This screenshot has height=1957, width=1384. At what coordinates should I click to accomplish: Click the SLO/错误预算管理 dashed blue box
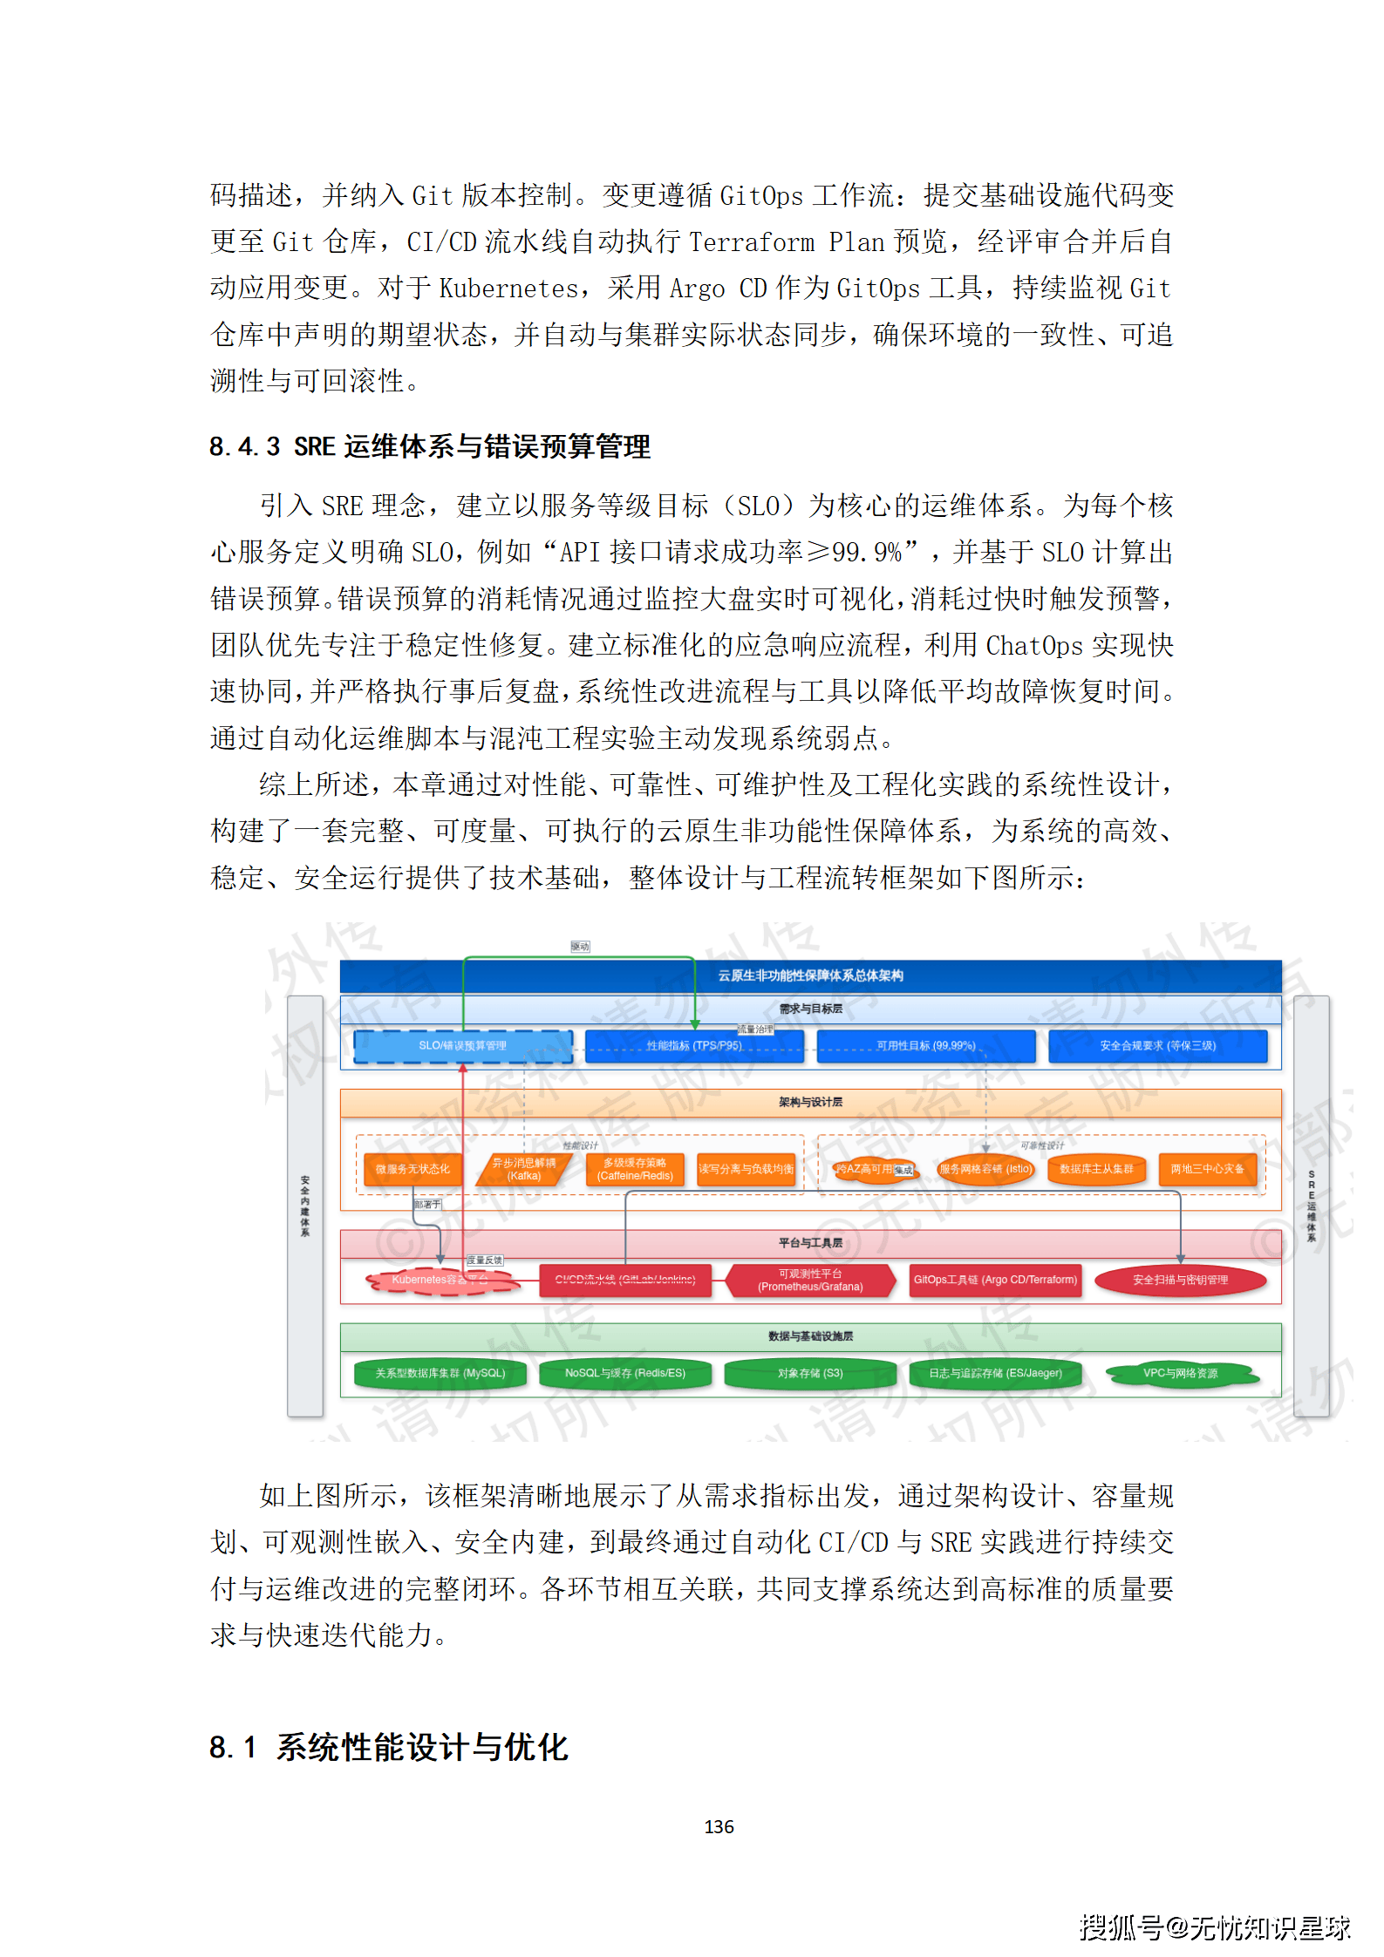tap(462, 1045)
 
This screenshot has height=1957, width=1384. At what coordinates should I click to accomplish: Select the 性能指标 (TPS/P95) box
tap(694, 1045)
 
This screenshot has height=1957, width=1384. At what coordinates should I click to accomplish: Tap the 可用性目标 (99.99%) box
tap(925, 1045)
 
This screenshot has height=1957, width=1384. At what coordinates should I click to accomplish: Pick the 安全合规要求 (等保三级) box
tap(1157, 1045)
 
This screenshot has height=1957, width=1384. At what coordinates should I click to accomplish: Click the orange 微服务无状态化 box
tap(412, 1169)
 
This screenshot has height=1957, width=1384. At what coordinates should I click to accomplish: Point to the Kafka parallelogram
tap(523, 1169)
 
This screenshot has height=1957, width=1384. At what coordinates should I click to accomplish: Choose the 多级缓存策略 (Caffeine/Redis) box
tap(635, 1169)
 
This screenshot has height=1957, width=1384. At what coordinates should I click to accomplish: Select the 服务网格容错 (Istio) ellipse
tap(985, 1169)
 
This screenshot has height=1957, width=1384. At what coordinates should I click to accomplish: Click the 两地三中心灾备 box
tap(1207, 1169)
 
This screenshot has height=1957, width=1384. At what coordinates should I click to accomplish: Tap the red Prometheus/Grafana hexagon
tap(810, 1280)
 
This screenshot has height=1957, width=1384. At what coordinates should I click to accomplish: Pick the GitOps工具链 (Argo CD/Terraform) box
tap(995, 1280)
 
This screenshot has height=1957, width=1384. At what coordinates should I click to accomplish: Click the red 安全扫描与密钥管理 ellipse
tap(1180, 1280)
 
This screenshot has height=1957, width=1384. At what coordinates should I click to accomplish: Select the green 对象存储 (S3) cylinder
tap(810, 1373)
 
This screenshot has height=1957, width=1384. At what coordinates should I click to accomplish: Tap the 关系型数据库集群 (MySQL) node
tap(440, 1373)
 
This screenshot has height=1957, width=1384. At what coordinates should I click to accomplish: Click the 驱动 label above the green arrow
tap(580, 947)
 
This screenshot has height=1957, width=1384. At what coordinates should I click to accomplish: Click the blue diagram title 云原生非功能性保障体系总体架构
tap(810, 975)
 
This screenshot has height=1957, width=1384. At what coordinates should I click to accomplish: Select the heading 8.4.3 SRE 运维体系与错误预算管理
tap(430, 446)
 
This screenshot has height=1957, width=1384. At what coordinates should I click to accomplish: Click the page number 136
tap(719, 1826)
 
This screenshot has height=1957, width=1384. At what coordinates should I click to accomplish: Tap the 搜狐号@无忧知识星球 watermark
tap(1214, 1927)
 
